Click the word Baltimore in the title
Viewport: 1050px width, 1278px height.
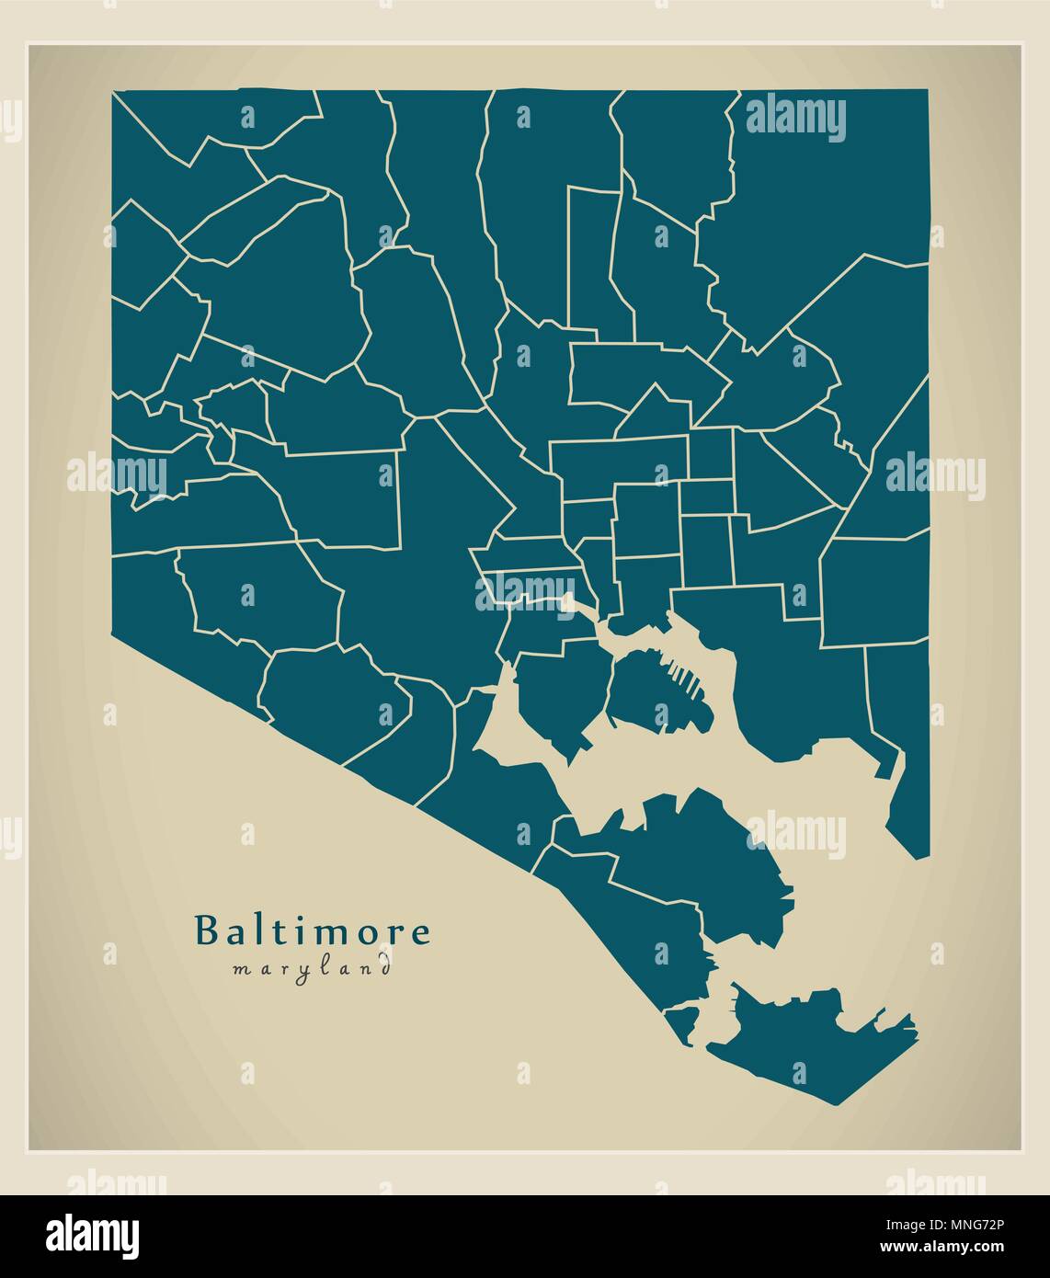point(312,930)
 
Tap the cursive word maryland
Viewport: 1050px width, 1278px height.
point(312,967)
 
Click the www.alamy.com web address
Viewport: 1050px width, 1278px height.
point(947,1249)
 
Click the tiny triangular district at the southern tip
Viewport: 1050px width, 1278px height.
point(682,1023)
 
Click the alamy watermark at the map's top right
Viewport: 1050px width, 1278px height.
point(795,118)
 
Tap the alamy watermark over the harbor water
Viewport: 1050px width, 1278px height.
point(795,835)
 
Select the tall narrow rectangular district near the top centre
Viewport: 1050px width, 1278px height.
point(593,257)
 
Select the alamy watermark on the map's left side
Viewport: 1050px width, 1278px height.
point(117,476)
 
